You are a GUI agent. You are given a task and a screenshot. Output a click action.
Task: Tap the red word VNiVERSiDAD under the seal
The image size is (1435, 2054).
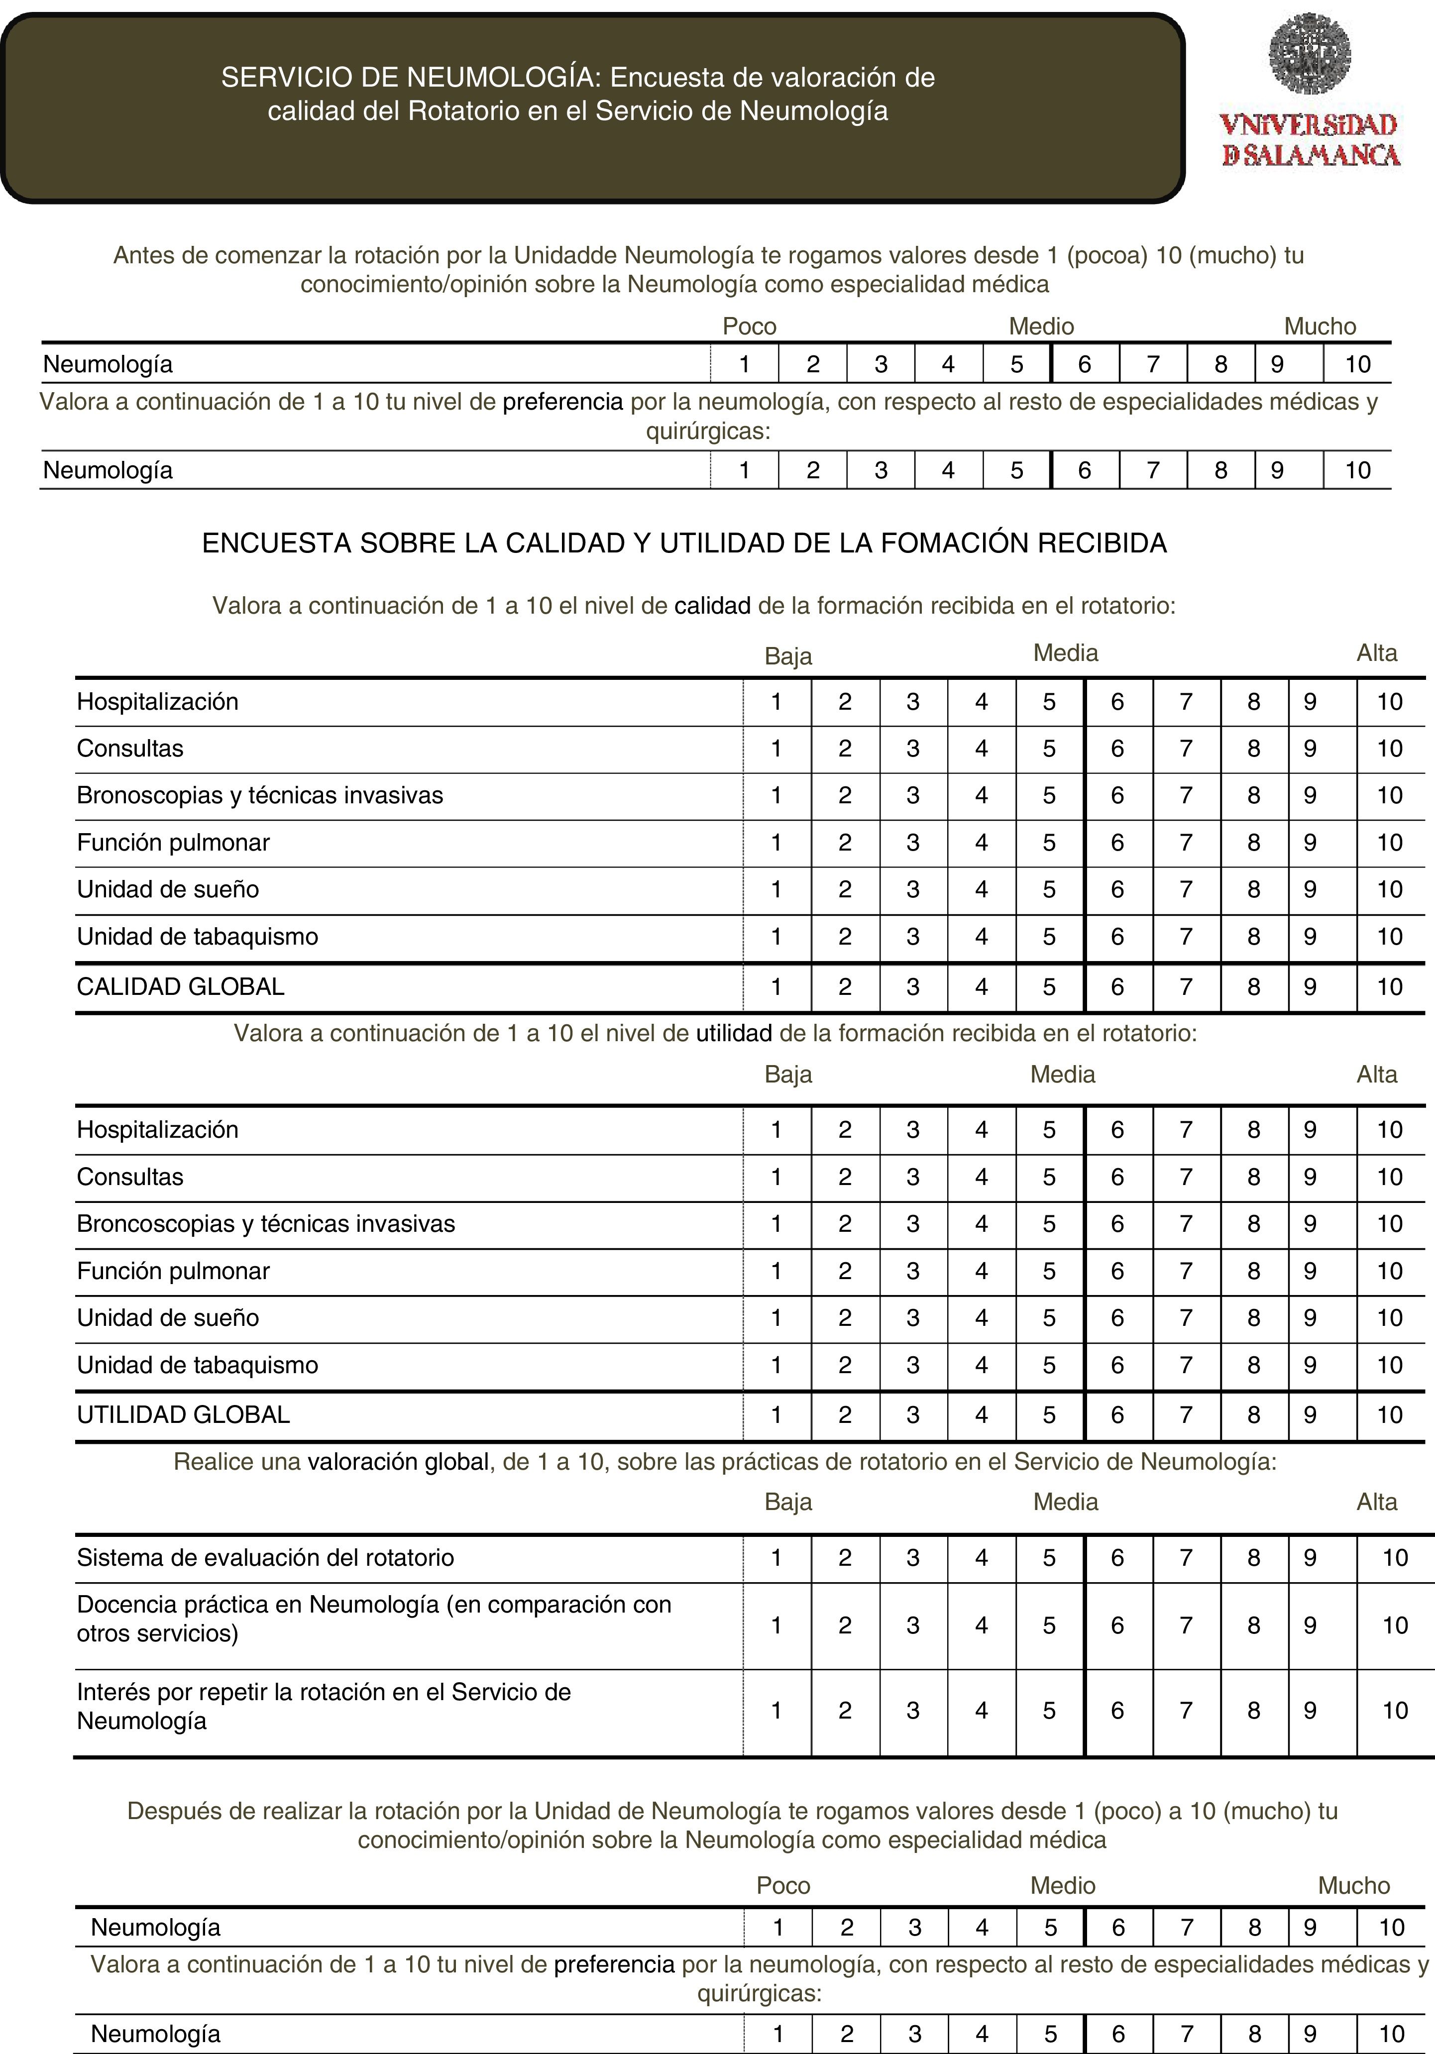tap(1307, 125)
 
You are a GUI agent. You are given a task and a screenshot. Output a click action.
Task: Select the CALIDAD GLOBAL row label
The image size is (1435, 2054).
tap(181, 987)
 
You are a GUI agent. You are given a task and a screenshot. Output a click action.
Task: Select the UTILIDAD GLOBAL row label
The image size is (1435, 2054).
tap(183, 1414)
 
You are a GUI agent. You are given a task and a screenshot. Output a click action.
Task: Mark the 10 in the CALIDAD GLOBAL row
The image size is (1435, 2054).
tap(1389, 987)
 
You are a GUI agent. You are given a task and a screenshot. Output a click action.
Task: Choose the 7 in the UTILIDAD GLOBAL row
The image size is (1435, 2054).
tap(1186, 1414)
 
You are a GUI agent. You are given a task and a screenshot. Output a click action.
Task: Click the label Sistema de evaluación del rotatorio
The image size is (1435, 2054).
tap(265, 1557)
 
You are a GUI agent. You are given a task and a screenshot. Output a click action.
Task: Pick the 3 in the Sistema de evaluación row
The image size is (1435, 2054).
tap(912, 1557)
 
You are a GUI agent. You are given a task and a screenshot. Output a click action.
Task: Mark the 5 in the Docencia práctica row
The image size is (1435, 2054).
tap(1049, 1625)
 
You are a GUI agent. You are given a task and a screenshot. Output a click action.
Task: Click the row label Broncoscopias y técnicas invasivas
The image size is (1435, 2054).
tap(266, 1224)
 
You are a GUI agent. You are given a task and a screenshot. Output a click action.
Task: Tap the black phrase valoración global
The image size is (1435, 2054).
tap(398, 1462)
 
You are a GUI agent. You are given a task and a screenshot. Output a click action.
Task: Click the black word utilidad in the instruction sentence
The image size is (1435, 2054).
tap(734, 1033)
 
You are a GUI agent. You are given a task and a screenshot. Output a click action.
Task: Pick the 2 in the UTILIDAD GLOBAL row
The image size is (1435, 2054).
tap(845, 1414)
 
